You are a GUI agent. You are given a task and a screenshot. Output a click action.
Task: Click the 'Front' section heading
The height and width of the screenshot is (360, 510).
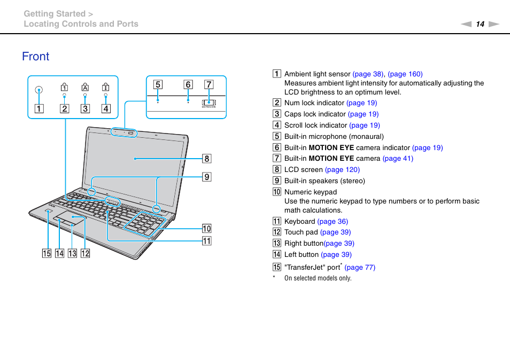[36, 57]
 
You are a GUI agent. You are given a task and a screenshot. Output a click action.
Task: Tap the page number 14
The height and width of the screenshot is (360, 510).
[480, 24]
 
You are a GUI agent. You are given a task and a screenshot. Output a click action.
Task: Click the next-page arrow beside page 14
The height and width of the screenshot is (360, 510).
[493, 24]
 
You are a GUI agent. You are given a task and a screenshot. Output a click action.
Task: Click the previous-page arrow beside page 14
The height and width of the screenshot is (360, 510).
[467, 24]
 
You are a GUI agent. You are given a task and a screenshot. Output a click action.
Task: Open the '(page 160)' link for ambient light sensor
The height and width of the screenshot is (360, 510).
[405, 74]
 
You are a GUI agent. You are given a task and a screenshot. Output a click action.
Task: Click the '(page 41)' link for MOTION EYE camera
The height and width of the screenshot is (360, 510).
[398, 159]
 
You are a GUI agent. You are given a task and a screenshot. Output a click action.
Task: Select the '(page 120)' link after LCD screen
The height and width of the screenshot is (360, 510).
[342, 170]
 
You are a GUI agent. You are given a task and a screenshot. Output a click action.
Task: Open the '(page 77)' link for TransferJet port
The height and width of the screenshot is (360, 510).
[360, 268]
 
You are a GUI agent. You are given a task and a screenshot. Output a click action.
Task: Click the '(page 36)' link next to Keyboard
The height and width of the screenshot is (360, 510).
[333, 222]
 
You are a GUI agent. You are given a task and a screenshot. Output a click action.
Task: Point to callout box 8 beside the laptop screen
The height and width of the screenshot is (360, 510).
[206, 158]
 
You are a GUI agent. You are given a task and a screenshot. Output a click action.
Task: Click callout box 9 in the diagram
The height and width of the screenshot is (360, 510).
[206, 176]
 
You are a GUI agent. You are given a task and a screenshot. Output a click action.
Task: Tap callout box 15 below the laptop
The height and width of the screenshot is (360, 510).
[47, 253]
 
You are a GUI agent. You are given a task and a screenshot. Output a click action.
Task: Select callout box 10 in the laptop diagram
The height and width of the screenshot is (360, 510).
[206, 229]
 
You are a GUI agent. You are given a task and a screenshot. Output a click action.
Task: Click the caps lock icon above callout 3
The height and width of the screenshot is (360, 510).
[84, 87]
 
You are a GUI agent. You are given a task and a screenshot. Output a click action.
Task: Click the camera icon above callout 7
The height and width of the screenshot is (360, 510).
[208, 101]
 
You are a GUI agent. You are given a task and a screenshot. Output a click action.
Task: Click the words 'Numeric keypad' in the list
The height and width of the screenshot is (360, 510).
[311, 192]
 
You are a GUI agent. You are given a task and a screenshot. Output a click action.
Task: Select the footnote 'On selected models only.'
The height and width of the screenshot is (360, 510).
[318, 278]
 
